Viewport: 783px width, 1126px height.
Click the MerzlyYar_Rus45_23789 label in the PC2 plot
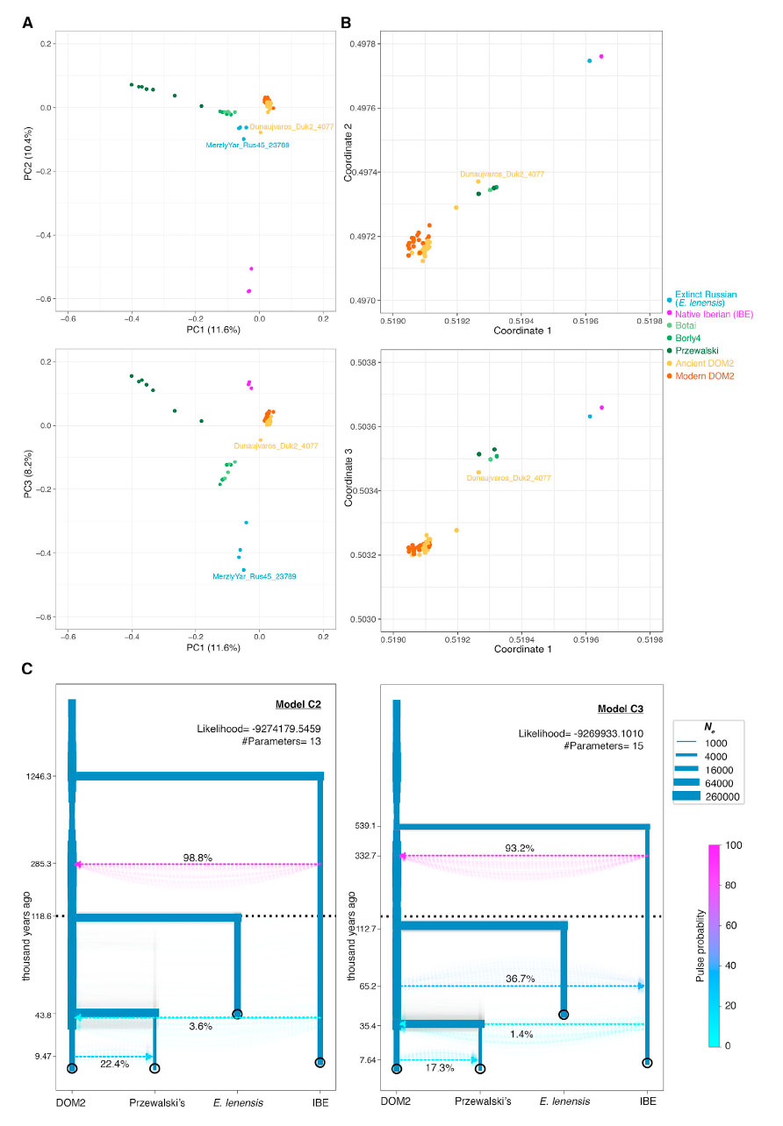[x=247, y=145]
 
